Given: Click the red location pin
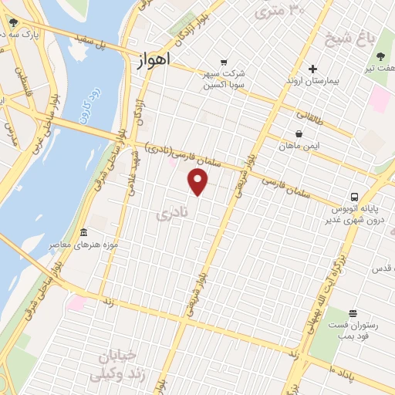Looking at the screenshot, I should pyautogui.click(x=198, y=182).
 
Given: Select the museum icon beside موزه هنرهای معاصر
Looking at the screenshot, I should pyautogui.click(x=84, y=233).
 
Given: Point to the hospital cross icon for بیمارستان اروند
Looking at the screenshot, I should pyautogui.click(x=312, y=69).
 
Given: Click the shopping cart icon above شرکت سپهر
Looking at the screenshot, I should pyautogui.click(x=224, y=62).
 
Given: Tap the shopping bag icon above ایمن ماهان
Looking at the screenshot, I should pyautogui.click(x=299, y=133).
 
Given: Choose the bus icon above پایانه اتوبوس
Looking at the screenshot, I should pyautogui.click(x=354, y=196).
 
